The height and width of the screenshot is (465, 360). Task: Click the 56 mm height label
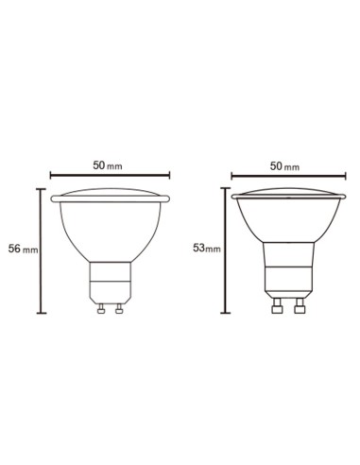(x=23, y=249)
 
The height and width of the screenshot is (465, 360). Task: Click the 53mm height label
(x=207, y=249)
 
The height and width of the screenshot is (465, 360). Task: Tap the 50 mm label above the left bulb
(x=108, y=165)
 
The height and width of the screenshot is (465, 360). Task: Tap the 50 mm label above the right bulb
(x=284, y=166)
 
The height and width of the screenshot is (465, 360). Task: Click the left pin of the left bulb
(x=101, y=308)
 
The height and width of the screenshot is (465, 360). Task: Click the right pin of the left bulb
(x=119, y=308)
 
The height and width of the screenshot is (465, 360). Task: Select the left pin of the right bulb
(x=277, y=306)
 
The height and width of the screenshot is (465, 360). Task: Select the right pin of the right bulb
(x=300, y=306)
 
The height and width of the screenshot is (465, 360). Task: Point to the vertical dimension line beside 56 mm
(x=41, y=251)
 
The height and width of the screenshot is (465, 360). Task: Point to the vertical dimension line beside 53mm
(x=225, y=250)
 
